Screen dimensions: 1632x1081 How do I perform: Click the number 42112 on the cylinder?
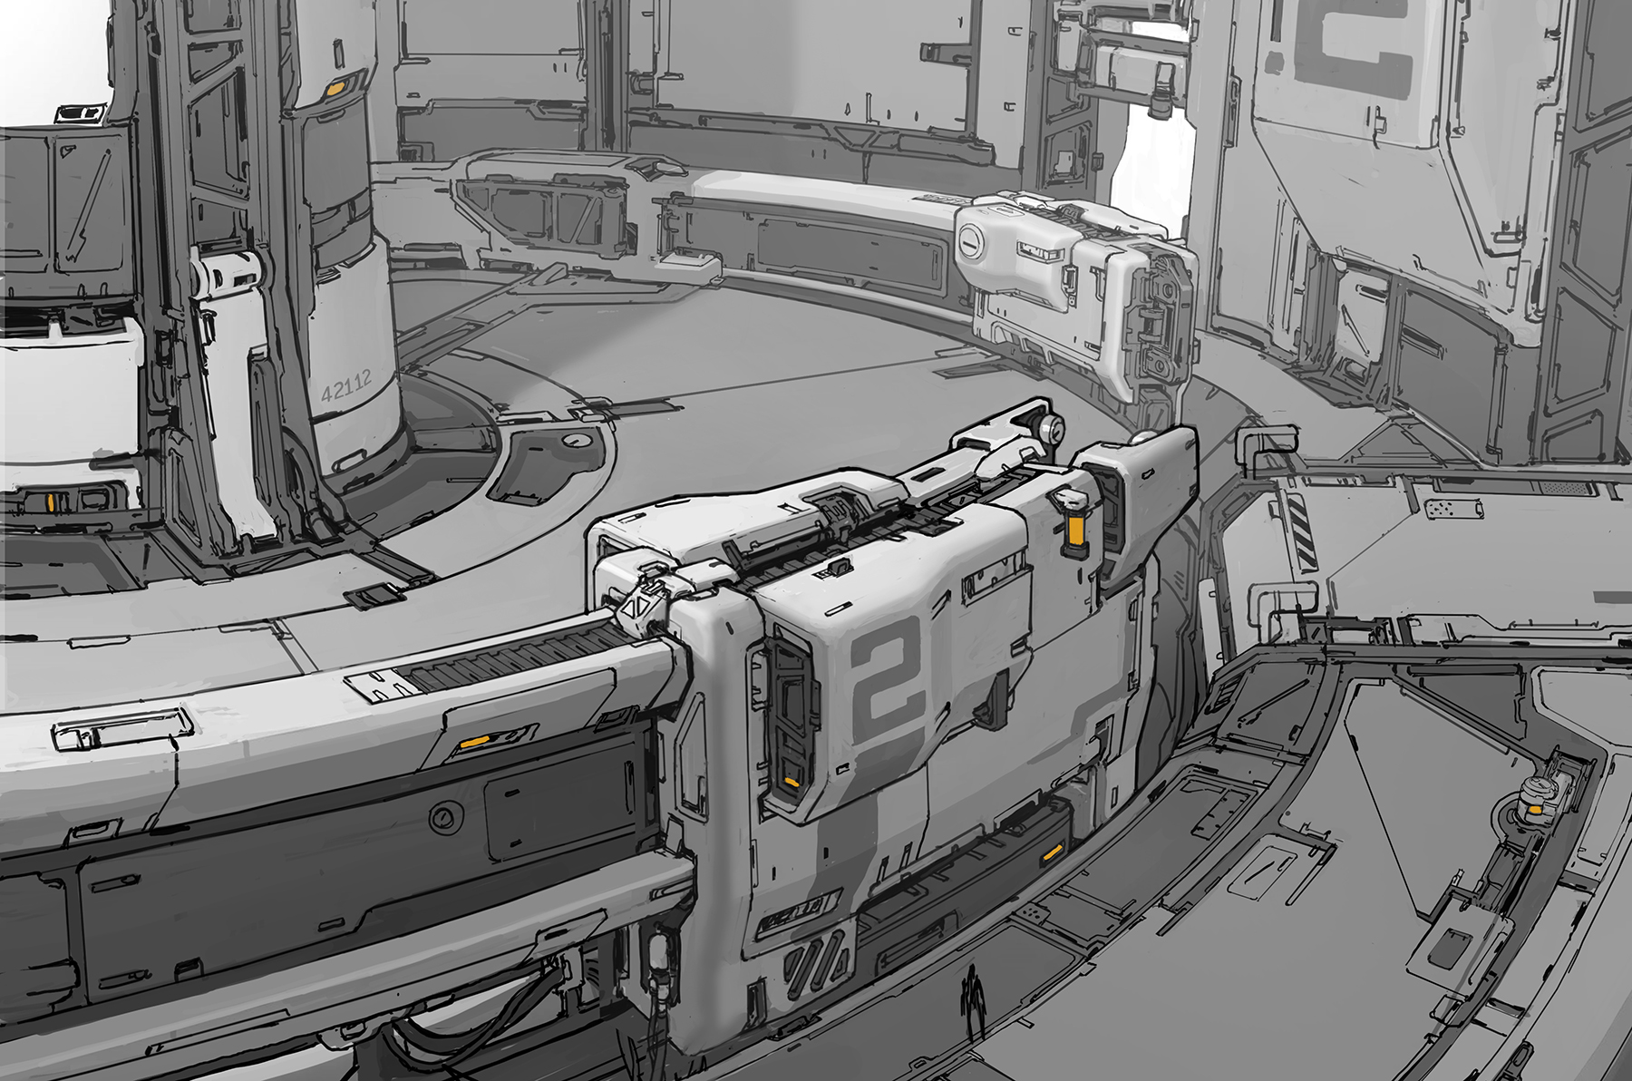(346, 392)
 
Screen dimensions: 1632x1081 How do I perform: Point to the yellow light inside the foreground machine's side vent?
(792, 782)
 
